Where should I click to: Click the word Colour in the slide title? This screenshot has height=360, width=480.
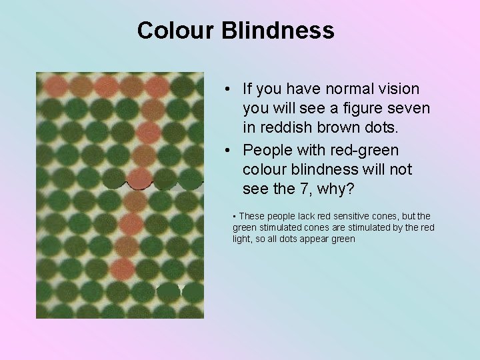176,31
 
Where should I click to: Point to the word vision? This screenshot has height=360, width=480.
399,89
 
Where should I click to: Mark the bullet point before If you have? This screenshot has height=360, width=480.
228,89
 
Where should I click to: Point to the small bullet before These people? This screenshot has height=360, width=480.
235,216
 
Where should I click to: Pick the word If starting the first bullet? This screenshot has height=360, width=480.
248,89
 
